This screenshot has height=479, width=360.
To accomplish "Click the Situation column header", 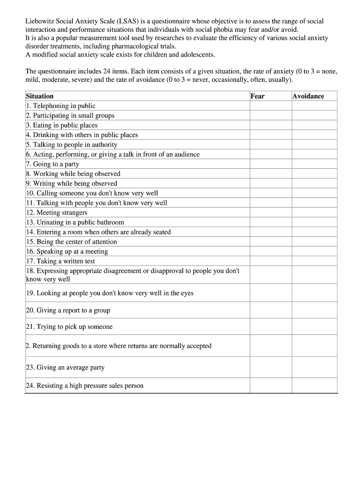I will (x=40, y=96).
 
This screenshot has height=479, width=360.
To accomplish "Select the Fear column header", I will (x=258, y=96).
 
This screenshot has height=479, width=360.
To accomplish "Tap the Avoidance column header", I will (x=308, y=96).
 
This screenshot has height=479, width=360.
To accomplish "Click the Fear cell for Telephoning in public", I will (x=271, y=106).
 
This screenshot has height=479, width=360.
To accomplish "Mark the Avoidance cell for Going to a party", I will (x=314, y=164).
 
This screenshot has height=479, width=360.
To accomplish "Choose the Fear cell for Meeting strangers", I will (x=271, y=213).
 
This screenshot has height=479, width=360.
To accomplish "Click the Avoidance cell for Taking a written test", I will (x=314, y=261).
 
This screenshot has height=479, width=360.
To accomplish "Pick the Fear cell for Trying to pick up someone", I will (x=271, y=327).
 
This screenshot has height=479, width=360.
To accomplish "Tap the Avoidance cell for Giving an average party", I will (x=314, y=367).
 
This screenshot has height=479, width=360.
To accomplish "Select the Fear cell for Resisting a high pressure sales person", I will (x=271, y=385).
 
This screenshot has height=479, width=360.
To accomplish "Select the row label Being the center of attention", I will (x=72, y=242).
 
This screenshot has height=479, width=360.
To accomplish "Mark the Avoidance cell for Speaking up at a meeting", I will (x=314, y=252).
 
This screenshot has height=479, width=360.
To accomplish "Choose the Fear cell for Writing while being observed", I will (x=271, y=183).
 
